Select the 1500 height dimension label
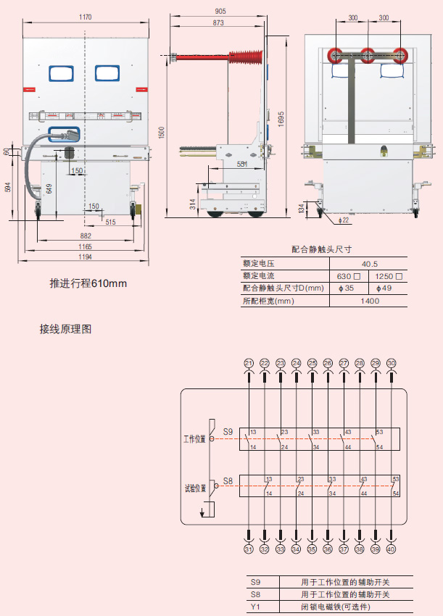[162, 131]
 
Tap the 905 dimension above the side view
[220, 11]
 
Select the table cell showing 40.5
[370, 265]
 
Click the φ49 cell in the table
[387, 288]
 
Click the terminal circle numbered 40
[392, 549]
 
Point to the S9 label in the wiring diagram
[228, 432]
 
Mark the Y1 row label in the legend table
[254, 605]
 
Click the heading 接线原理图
[65, 329]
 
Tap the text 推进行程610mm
[88, 283]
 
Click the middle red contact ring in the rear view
[368, 55]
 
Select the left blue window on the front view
[62, 72]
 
